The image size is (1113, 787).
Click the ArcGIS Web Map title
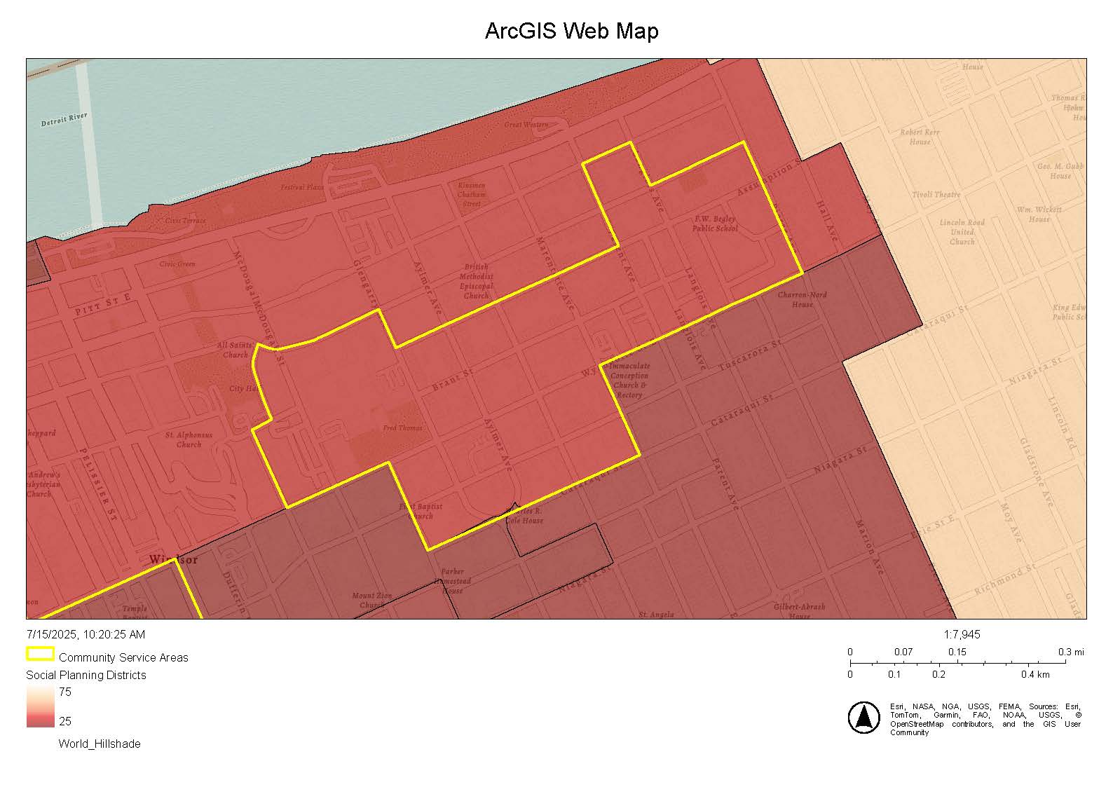[x=571, y=32]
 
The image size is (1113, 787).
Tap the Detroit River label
[x=64, y=119]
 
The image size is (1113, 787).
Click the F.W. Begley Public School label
[x=715, y=224]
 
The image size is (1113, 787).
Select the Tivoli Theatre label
[x=936, y=194]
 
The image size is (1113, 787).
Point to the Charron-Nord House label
[x=803, y=299]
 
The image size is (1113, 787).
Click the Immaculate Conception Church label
[x=629, y=380]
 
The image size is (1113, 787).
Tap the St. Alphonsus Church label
[x=189, y=439]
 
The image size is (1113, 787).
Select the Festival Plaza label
[x=302, y=187]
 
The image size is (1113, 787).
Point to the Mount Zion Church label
[x=371, y=600]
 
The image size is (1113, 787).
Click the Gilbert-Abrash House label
[x=799, y=610]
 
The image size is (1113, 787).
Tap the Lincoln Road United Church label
[x=962, y=232]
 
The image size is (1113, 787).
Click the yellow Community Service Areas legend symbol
[x=40, y=655]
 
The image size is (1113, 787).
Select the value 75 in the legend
[x=64, y=692]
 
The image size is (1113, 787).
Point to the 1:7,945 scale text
[x=962, y=634]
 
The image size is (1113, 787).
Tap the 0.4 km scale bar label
[x=1035, y=674]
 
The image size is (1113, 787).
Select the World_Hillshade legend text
[x=99, y=744]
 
